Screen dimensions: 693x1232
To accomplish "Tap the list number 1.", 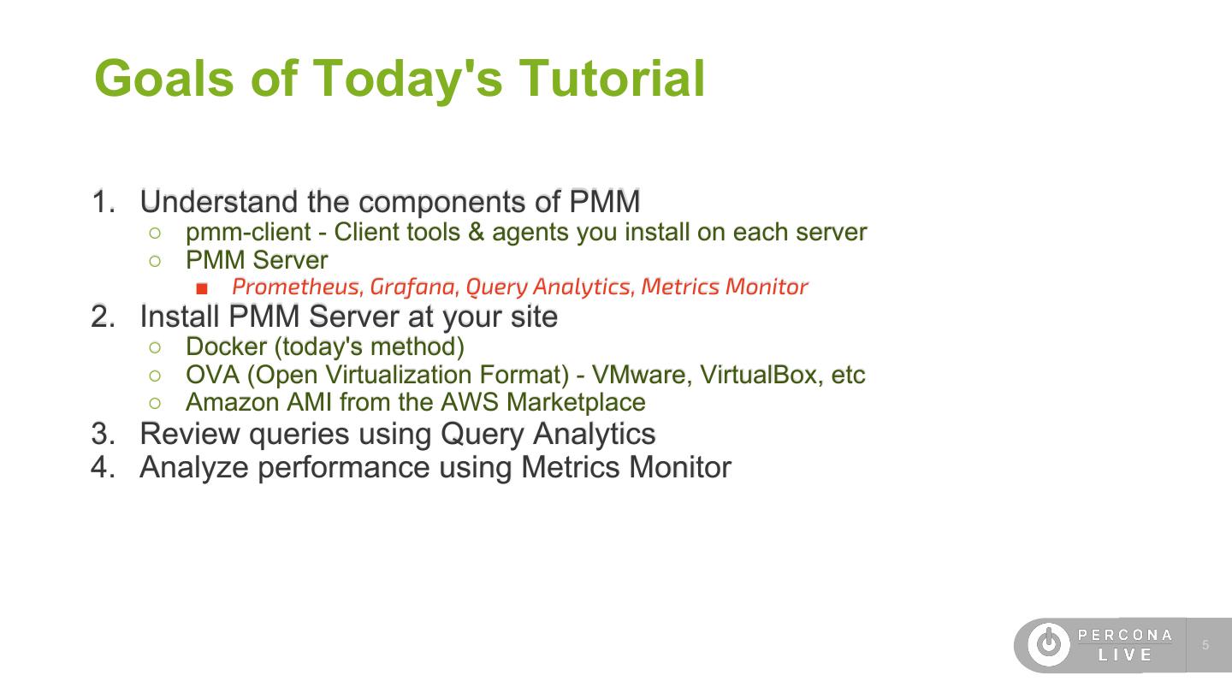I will (102, 202).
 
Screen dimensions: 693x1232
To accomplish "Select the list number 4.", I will (102, 467).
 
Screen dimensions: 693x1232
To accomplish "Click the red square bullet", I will (202, 287).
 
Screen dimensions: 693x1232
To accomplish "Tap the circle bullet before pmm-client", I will (155, 233).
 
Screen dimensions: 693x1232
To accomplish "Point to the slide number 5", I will (1205, 645).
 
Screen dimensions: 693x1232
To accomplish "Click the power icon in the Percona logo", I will (1048, 645).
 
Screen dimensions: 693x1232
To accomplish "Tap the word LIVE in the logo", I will (1125, 655).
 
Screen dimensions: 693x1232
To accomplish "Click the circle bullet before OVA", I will (155, 376).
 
